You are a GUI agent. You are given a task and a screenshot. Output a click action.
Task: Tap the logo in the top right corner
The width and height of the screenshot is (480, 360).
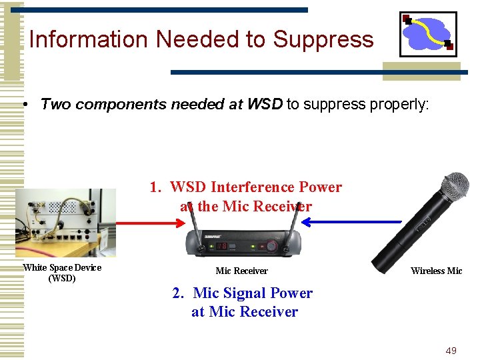pos(427,34)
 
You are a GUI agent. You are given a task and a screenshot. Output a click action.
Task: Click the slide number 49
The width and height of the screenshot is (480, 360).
pos(451,351)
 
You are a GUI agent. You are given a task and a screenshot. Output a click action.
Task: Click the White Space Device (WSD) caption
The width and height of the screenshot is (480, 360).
pos(62,273)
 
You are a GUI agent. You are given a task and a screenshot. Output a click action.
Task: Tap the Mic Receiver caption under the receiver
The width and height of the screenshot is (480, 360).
pos(241,271)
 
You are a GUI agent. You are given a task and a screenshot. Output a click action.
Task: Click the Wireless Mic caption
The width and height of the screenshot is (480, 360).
pos(436,271)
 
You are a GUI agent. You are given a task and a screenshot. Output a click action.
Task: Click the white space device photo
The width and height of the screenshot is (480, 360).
pos(65,223)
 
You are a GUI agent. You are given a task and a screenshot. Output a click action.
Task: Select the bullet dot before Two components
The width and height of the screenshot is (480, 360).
pos(24,105)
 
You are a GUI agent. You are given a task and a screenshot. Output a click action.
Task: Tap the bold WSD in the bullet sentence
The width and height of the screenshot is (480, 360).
pos(265,104)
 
